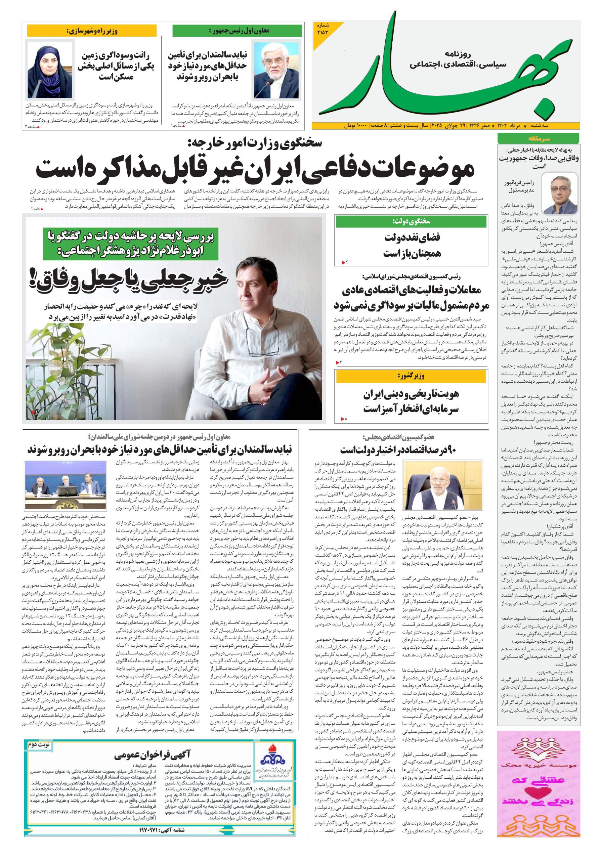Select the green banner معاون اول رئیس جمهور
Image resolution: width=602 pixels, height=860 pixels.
click(x=237, y=31)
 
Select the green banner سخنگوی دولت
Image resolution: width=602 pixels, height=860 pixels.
click(x=411, y=222)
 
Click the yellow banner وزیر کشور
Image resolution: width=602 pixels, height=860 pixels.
click(x=411, y=376)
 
